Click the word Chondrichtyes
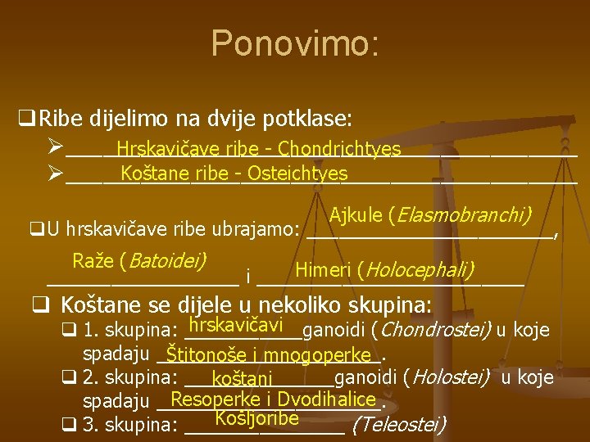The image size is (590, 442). pos(339,149)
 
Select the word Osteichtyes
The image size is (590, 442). pos(297,174)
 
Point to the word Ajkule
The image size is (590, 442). pos(357,215)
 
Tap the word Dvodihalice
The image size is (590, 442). pos(328,399)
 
